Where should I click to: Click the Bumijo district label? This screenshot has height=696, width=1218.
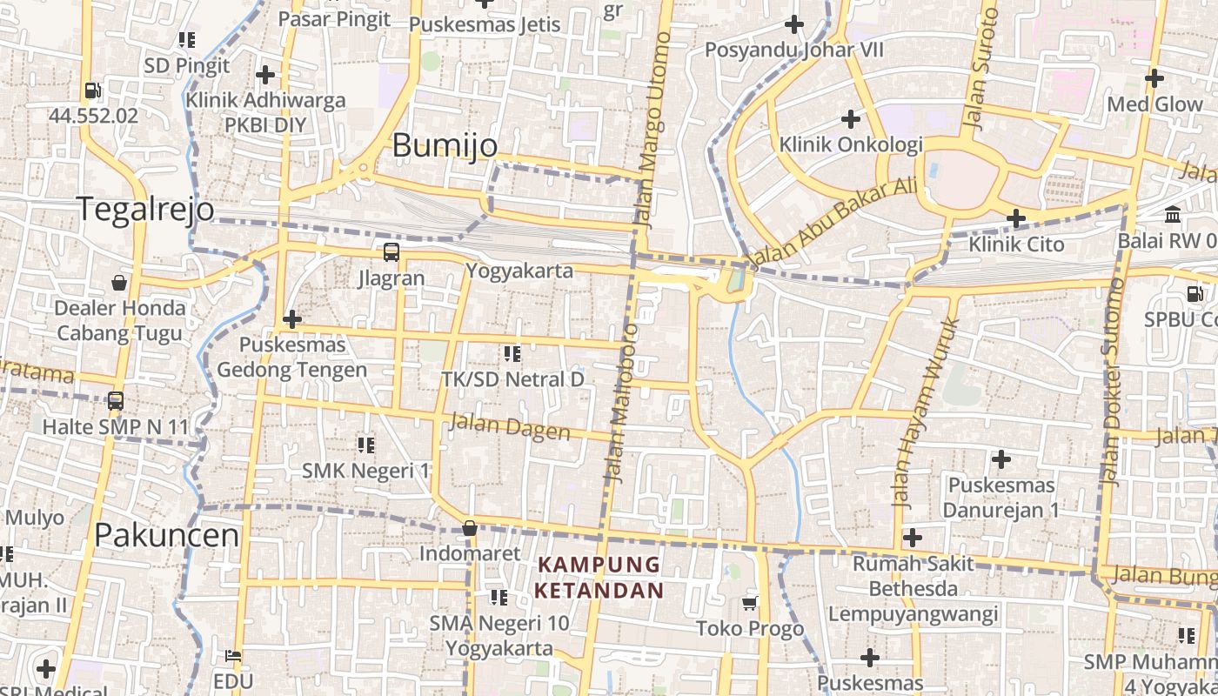tap(445, 145)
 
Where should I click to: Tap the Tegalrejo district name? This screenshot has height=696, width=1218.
tap(145, 210)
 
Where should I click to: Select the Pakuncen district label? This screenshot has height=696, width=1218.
tap(166, 534)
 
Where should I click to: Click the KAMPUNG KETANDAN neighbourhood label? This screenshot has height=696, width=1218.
tap(599, 578)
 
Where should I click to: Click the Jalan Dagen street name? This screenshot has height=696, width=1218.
tap(511, 427)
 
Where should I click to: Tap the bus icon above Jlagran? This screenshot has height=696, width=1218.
tap(391, 252)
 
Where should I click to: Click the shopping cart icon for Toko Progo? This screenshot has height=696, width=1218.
tap(750, 602)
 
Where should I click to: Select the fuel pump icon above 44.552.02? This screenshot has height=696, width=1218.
tap(92, 90)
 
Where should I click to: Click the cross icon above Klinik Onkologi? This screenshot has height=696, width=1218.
tap(851, 118)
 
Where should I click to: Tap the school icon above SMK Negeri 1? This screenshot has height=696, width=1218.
tap(365, 445)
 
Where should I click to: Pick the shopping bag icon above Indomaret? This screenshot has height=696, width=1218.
tap(470, 528)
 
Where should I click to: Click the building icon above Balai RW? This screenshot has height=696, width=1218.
tap(1172, 214)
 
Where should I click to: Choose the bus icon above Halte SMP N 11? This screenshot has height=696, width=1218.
tap(116, 401)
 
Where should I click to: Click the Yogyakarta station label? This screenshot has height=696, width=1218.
tap(519, 271)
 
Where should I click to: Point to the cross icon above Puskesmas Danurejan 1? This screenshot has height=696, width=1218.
tap(1001, 458)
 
